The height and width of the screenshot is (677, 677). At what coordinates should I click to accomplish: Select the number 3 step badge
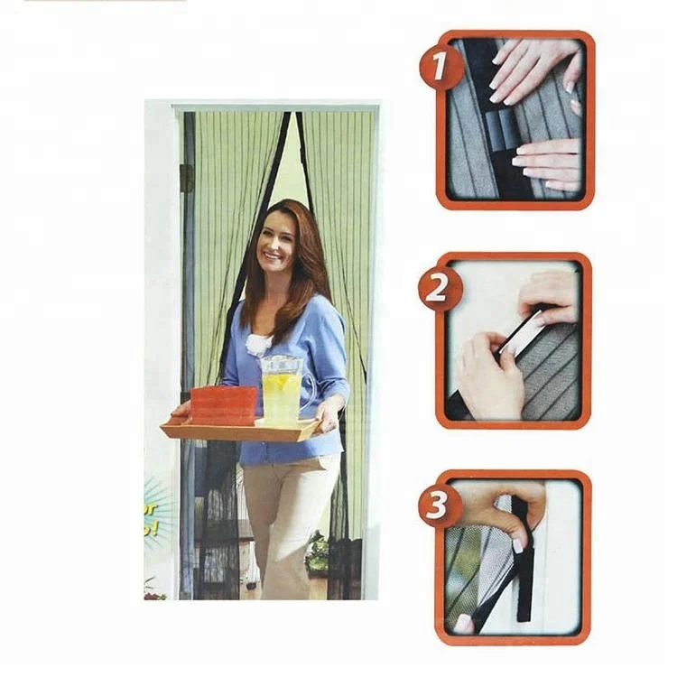tap(441, 505)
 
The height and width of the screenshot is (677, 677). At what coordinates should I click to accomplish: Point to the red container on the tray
tap(223, 405)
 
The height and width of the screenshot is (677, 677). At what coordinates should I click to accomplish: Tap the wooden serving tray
tap(240, 428)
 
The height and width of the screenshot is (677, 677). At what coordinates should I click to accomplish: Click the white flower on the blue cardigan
tap(260, 344)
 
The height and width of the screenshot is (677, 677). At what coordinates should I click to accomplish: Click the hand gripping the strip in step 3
tap(505, 505)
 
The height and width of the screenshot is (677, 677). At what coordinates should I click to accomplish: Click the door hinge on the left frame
tap(187, 178)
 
